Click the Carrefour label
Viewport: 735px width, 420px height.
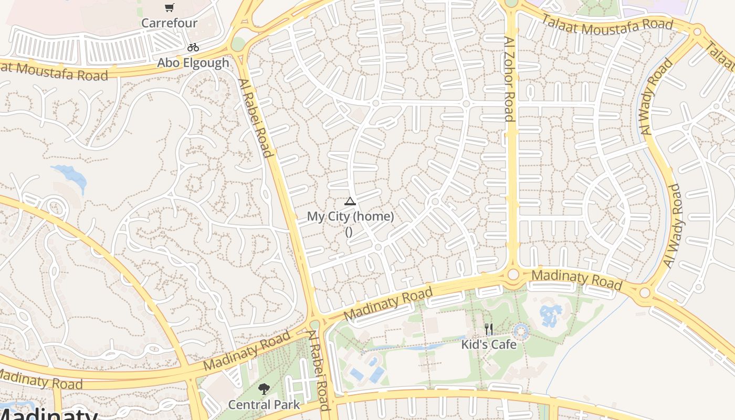(169, 23)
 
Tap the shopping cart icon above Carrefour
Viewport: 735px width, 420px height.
(169, 8)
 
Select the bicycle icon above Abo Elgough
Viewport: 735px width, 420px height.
(193, 47)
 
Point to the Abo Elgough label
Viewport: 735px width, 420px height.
(193, 63)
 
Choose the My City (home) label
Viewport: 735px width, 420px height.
(350, 216)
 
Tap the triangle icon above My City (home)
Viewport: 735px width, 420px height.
(350, 201)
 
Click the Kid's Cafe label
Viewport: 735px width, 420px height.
(489, 345)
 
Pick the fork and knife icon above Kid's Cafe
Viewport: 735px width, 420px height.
(489, 330)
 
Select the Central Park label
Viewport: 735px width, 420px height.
(264, 405)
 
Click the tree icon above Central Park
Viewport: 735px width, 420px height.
(264, 389)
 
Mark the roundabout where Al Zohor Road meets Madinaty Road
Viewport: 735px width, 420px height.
(513, 275)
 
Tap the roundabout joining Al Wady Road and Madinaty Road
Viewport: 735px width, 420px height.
(645, 293)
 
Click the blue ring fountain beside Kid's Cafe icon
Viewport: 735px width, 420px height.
(521, 331)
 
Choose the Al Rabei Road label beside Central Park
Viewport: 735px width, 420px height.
(319, 370)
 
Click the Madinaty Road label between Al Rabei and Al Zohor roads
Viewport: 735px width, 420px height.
(388, 304)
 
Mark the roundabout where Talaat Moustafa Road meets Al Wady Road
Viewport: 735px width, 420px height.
(697, 31)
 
